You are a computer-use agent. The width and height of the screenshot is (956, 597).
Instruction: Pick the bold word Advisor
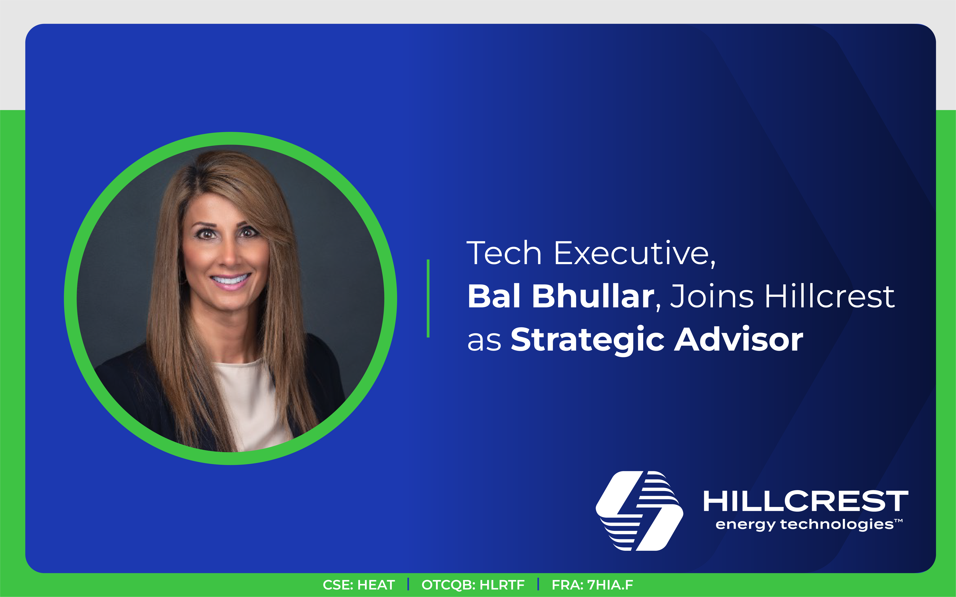coord(738,340)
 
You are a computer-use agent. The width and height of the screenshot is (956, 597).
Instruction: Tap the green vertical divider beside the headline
coord(428,299)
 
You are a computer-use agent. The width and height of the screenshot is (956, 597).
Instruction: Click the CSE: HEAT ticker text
coord(359,585)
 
